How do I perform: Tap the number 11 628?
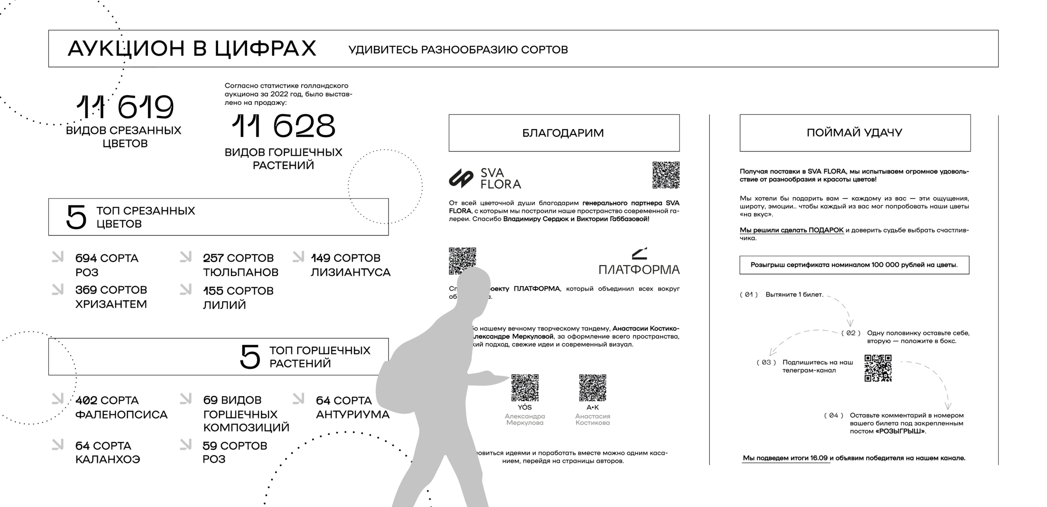283,126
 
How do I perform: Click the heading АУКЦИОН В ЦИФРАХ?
191,49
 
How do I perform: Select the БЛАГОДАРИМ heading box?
563,133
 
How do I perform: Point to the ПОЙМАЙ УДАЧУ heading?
854,133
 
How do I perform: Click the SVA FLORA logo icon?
461,179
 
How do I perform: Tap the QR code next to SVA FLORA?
666,175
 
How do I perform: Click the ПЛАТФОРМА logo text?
639,269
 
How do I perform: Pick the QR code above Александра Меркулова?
525,388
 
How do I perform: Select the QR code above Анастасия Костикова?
592,388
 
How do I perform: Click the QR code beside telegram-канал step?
878,368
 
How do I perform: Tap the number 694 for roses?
86,258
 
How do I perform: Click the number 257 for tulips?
213,258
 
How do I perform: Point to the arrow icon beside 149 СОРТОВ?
298,257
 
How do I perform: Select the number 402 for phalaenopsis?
86,401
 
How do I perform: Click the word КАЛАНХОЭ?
107,460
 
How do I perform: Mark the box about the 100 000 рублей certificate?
854,265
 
